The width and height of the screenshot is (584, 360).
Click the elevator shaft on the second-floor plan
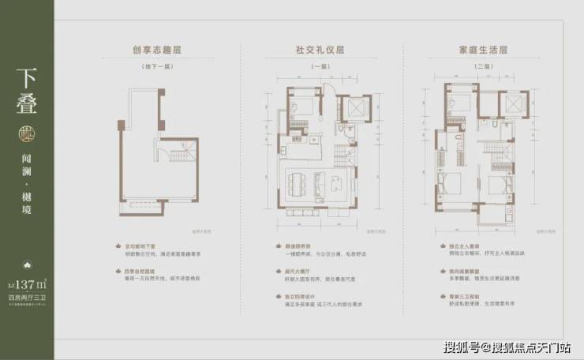[x=512, y=108]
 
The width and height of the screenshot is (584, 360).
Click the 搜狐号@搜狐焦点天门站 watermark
[x=506, y=347]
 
